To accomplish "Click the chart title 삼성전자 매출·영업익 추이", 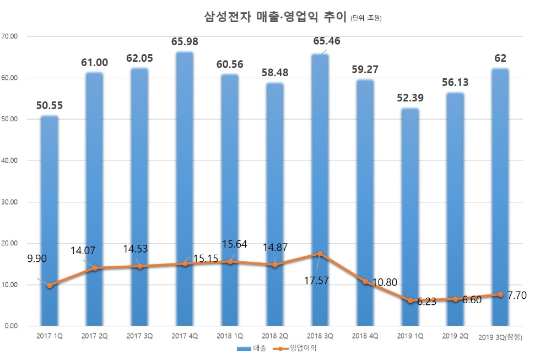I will [275, 17].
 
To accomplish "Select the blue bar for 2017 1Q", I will [50, 221].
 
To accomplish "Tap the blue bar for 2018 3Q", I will [321, 165].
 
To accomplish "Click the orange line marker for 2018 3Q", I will [321, 254].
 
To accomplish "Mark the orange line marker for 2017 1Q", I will [50, 286].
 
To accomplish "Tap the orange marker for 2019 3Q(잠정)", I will [500, 294].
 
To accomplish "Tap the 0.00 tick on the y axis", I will [12, 326].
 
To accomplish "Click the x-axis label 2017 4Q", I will [185, 336].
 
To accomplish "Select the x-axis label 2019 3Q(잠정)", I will [501, 336].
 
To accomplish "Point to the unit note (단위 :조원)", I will [366, 19].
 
